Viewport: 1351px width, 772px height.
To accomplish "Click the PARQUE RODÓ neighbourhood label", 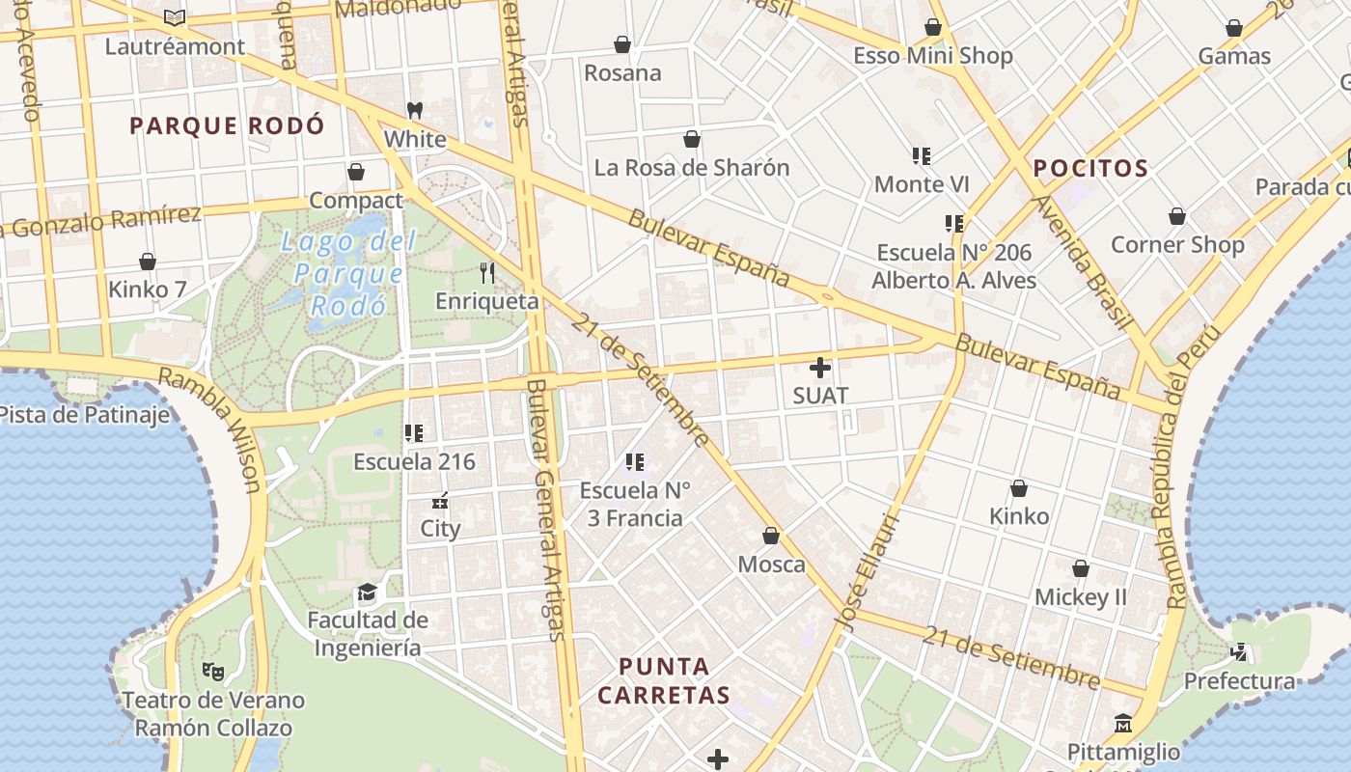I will point(227,126).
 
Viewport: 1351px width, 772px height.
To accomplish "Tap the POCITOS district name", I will point(1090,169).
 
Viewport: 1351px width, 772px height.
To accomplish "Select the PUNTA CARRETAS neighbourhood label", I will point(664,680).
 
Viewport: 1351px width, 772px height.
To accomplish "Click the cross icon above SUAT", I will point(820,368).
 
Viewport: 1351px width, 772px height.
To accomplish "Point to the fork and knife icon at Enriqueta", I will point(487,273).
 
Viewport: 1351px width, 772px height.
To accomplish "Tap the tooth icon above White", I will point(415,111).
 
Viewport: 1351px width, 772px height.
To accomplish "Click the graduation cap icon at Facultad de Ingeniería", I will point(367,592).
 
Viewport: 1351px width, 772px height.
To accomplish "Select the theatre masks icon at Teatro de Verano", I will point(212,671).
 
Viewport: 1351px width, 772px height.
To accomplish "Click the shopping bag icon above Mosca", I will point(771,536).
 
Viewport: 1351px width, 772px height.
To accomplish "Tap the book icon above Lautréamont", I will point(175,17).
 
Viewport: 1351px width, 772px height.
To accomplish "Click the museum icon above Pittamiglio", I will point(1123,723).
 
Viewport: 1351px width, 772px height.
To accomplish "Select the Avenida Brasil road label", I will point(1080,262).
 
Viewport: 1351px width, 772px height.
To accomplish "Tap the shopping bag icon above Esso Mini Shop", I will point(933,27).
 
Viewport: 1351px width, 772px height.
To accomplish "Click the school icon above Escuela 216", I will point(414,433).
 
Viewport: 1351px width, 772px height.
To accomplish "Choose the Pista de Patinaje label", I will point(85,415).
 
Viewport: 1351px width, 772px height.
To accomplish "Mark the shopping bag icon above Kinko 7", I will point(148,262).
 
